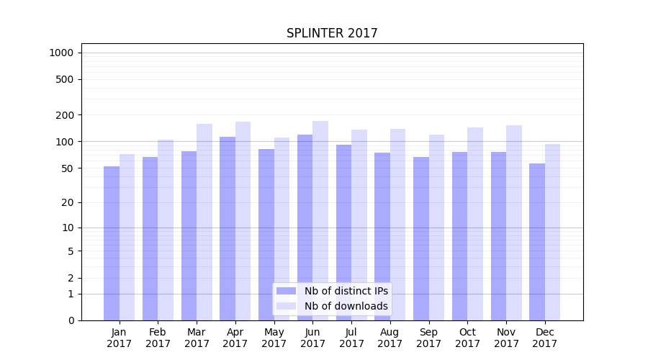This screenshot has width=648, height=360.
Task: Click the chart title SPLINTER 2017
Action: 332,33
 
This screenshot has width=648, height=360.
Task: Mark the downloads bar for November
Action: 514,222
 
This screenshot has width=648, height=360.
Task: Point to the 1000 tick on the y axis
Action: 61,53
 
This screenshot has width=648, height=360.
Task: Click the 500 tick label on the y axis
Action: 65,79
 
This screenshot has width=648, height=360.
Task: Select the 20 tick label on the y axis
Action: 68,202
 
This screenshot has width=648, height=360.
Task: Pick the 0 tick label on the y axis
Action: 71,320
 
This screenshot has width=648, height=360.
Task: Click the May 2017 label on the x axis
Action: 274,338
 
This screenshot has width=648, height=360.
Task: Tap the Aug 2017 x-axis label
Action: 390,338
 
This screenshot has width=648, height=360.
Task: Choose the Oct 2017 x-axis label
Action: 467,338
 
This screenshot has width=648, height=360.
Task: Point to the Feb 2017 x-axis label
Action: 158,338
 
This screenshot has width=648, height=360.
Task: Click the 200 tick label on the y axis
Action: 65,115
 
